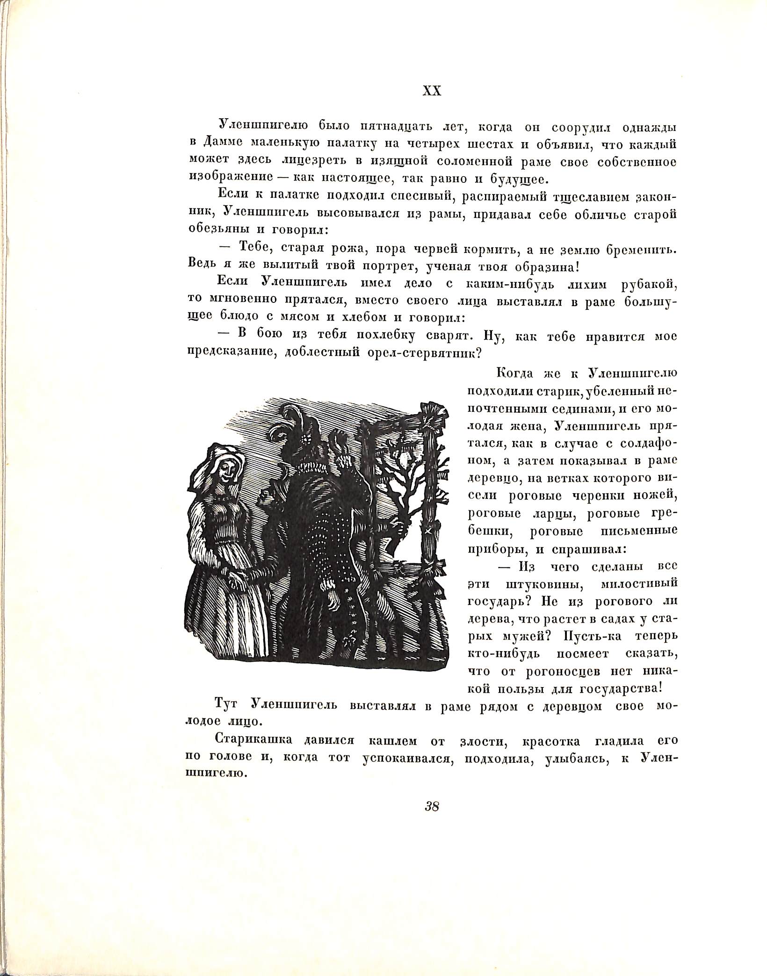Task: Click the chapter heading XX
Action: pyautogui.click(x=432, y=92)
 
